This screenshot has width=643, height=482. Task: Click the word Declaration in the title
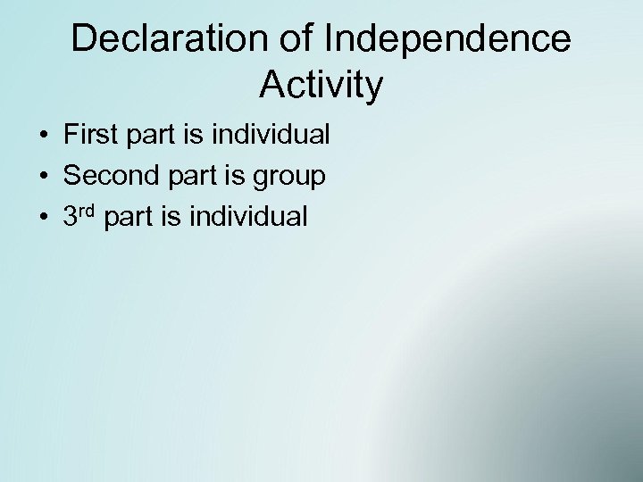(155, 38)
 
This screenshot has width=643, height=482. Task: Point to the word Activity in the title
(321, 85)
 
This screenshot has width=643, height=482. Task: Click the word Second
(109, 176)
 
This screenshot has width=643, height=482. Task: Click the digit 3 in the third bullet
(71, 217)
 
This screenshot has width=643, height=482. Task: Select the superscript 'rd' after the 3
(88, 211)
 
